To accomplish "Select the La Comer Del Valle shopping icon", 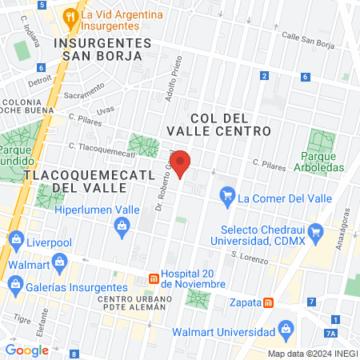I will point(228,194).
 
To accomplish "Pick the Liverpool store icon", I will point(15,239).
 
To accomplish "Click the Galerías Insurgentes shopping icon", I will point(13,284).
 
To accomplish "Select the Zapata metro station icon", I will point(269,302).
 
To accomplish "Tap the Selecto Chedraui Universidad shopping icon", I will point(316,235).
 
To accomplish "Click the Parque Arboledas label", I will point(323,162).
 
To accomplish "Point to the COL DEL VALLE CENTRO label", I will point(218,123).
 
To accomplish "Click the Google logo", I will point(26,350).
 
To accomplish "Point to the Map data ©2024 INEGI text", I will point(312,354).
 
